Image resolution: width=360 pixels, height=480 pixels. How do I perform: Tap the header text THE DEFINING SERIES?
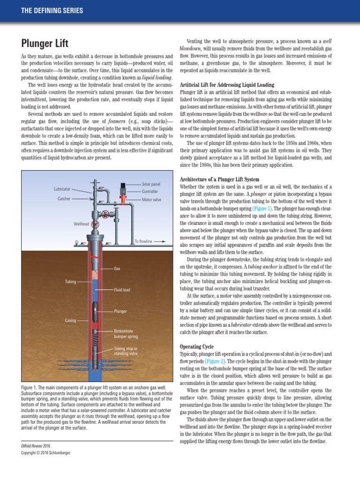[x=52, y=10]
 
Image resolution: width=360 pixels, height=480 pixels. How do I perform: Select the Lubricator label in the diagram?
[x=61, y=189]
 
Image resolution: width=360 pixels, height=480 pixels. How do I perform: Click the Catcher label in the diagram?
[x=64, y=199]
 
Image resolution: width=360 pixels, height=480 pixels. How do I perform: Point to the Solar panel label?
[x=150, y=184]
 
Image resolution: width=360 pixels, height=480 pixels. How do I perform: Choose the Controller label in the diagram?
[x=150, y=191]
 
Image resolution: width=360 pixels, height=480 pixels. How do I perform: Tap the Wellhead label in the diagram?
[x=81, y=224]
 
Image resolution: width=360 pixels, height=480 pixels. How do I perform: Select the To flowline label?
[x=143, y=241]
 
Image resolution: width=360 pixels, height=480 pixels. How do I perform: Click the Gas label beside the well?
[x=117, y=269]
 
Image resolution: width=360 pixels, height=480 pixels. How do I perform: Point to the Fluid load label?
[x=122, y=290]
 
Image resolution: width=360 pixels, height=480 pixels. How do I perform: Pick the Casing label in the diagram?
[x=70, y=321]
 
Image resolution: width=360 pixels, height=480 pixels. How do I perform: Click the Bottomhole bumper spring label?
[x=126, y=334]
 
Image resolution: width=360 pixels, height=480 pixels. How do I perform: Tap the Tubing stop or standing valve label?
[x=126, y=351]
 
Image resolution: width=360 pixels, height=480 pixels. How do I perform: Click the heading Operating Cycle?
[x=197, y=346]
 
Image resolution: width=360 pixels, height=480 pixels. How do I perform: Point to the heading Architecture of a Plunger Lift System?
[x=219, y=180]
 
